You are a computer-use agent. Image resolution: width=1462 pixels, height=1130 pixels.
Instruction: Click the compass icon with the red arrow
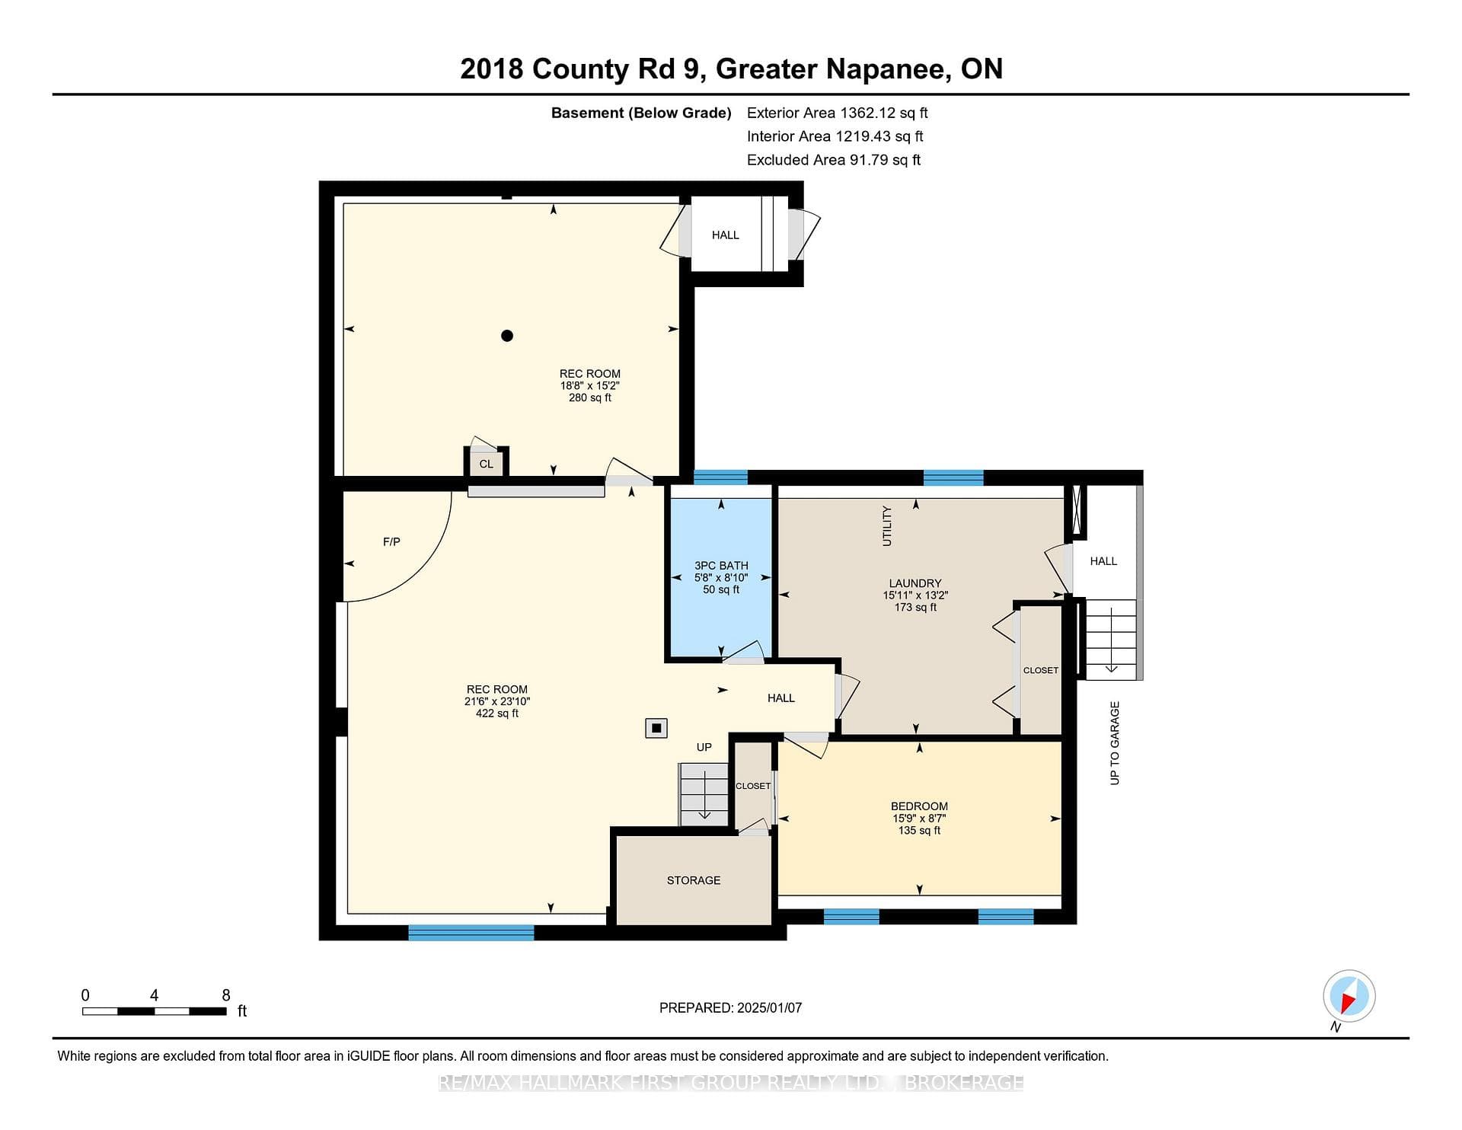coord(1349,996)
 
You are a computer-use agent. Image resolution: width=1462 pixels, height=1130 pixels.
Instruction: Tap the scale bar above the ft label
coord(155,1011)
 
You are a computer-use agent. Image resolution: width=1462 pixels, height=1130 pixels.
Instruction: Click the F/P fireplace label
coord(391,542)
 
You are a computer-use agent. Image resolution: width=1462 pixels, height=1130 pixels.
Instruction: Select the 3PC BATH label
coord(721,566)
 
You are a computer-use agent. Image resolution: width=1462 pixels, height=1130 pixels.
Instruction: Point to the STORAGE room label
coord(694,880)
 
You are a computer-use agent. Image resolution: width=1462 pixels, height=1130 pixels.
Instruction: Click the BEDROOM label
coord(919,806)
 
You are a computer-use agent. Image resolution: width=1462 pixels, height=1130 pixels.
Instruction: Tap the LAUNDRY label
coord(915,583)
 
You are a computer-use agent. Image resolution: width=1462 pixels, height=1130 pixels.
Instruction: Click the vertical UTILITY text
coord(886,525)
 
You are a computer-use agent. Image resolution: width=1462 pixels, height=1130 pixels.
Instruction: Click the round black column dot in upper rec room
coord(507,336)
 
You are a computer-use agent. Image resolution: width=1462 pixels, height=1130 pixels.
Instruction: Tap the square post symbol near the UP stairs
coord(656,729)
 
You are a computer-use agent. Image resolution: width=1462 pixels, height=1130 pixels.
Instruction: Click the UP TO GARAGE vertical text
coord(1115,743)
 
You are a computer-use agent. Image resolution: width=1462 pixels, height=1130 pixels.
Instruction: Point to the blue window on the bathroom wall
coord(720,477)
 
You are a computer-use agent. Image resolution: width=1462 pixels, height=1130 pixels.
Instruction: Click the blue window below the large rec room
coord(471,933)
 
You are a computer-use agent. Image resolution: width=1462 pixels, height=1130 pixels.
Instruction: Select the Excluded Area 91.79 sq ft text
coord(834,160)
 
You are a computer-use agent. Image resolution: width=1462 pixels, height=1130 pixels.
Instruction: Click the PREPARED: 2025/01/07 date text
coord(730,1008)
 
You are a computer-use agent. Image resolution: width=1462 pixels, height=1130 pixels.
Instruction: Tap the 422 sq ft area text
coord(497,713)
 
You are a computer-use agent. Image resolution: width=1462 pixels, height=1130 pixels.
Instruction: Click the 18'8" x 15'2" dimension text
coord(590,386)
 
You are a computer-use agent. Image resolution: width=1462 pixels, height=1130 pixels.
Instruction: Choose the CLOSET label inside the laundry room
coord(1041,671)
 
